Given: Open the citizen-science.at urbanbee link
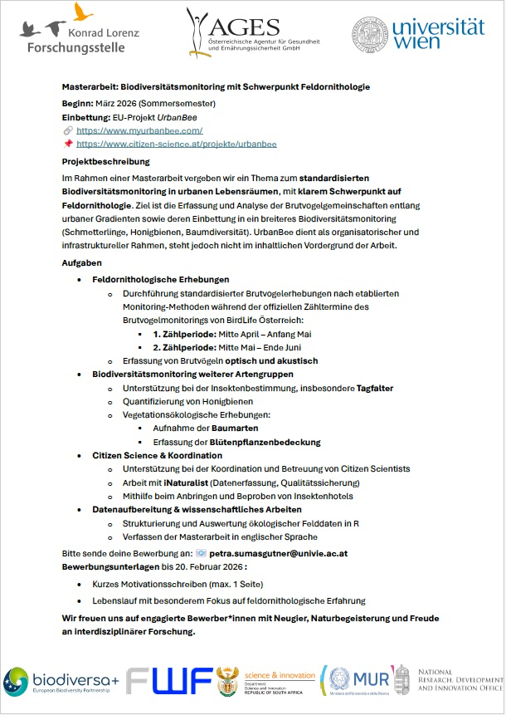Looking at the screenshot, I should tap(176, 144).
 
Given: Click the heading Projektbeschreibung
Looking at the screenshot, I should tap(106, 161).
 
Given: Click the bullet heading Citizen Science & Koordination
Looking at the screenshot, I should tap(157, 456).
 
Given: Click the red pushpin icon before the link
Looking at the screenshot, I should tap(68, 144).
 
